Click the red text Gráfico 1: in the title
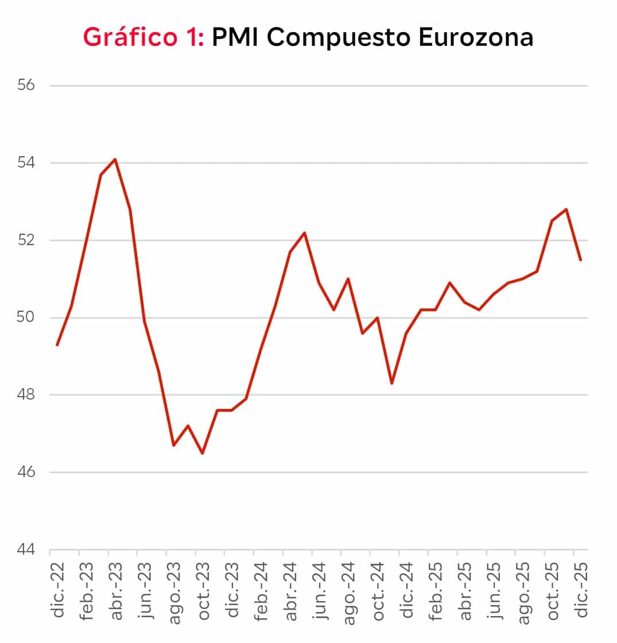pyautogui.click(x=143, y=38)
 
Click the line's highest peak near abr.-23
pyautogui.click(x=115, y=159)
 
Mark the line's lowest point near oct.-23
pyautogui.click(x=203, y=454)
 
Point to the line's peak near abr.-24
pyautogui.click(x=304, y=233)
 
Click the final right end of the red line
pyautogui.click(x=581, y=260)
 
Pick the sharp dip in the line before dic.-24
pyautogui.click(x=392, y=384)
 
